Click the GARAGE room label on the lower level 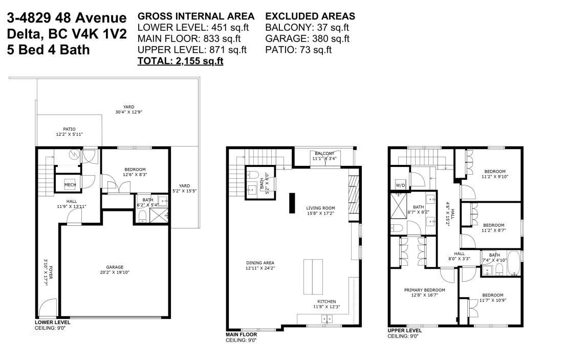click(x=114, y=267)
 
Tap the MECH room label click(x=70, y=185)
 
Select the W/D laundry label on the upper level click(x=401, y=185)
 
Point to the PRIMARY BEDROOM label click(x=425, y=290)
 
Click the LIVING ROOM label click(x=321, y=208)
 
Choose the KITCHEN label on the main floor click(x=326, y=302)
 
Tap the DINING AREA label click(x=260, y=263)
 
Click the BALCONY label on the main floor click(x=324, y=153)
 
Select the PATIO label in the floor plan click(x=70, y=129)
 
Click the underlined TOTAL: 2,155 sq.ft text click(x=180, y=61)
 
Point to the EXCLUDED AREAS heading click(x=310, y=16)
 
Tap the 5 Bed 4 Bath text click(x=49, y=50)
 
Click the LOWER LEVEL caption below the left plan click(x=53, y=323)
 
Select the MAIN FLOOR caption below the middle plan click(x=242, y=334)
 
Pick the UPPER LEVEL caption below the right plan click(x=405, y=330)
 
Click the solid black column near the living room click(x=292, y=203)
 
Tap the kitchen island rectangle click(x=313, y=277)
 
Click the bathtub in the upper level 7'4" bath click(x=513, y=263)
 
